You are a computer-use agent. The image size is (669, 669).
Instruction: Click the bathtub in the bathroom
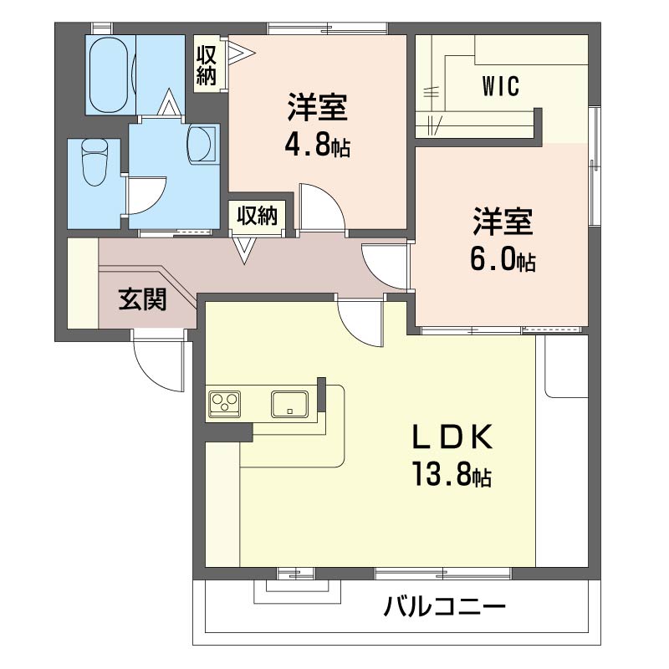coord(110,74)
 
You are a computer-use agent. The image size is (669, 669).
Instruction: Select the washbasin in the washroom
coord(202,143)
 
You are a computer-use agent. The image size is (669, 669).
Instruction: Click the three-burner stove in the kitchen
coord(224,404)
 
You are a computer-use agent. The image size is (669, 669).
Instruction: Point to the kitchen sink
coord(289,404)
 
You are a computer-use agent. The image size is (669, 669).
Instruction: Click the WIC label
coord(500,86)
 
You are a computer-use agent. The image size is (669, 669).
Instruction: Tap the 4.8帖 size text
coord(318,146)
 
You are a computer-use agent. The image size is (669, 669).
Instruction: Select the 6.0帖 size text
coord(503,260)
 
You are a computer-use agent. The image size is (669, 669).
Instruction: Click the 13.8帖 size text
coord(452,475)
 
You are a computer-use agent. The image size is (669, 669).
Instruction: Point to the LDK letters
coord(452,437)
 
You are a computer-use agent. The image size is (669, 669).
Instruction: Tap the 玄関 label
coord(142,299)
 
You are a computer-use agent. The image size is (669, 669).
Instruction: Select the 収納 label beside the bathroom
coord(206,65)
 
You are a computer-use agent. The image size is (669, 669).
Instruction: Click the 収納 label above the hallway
coord(258,216)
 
